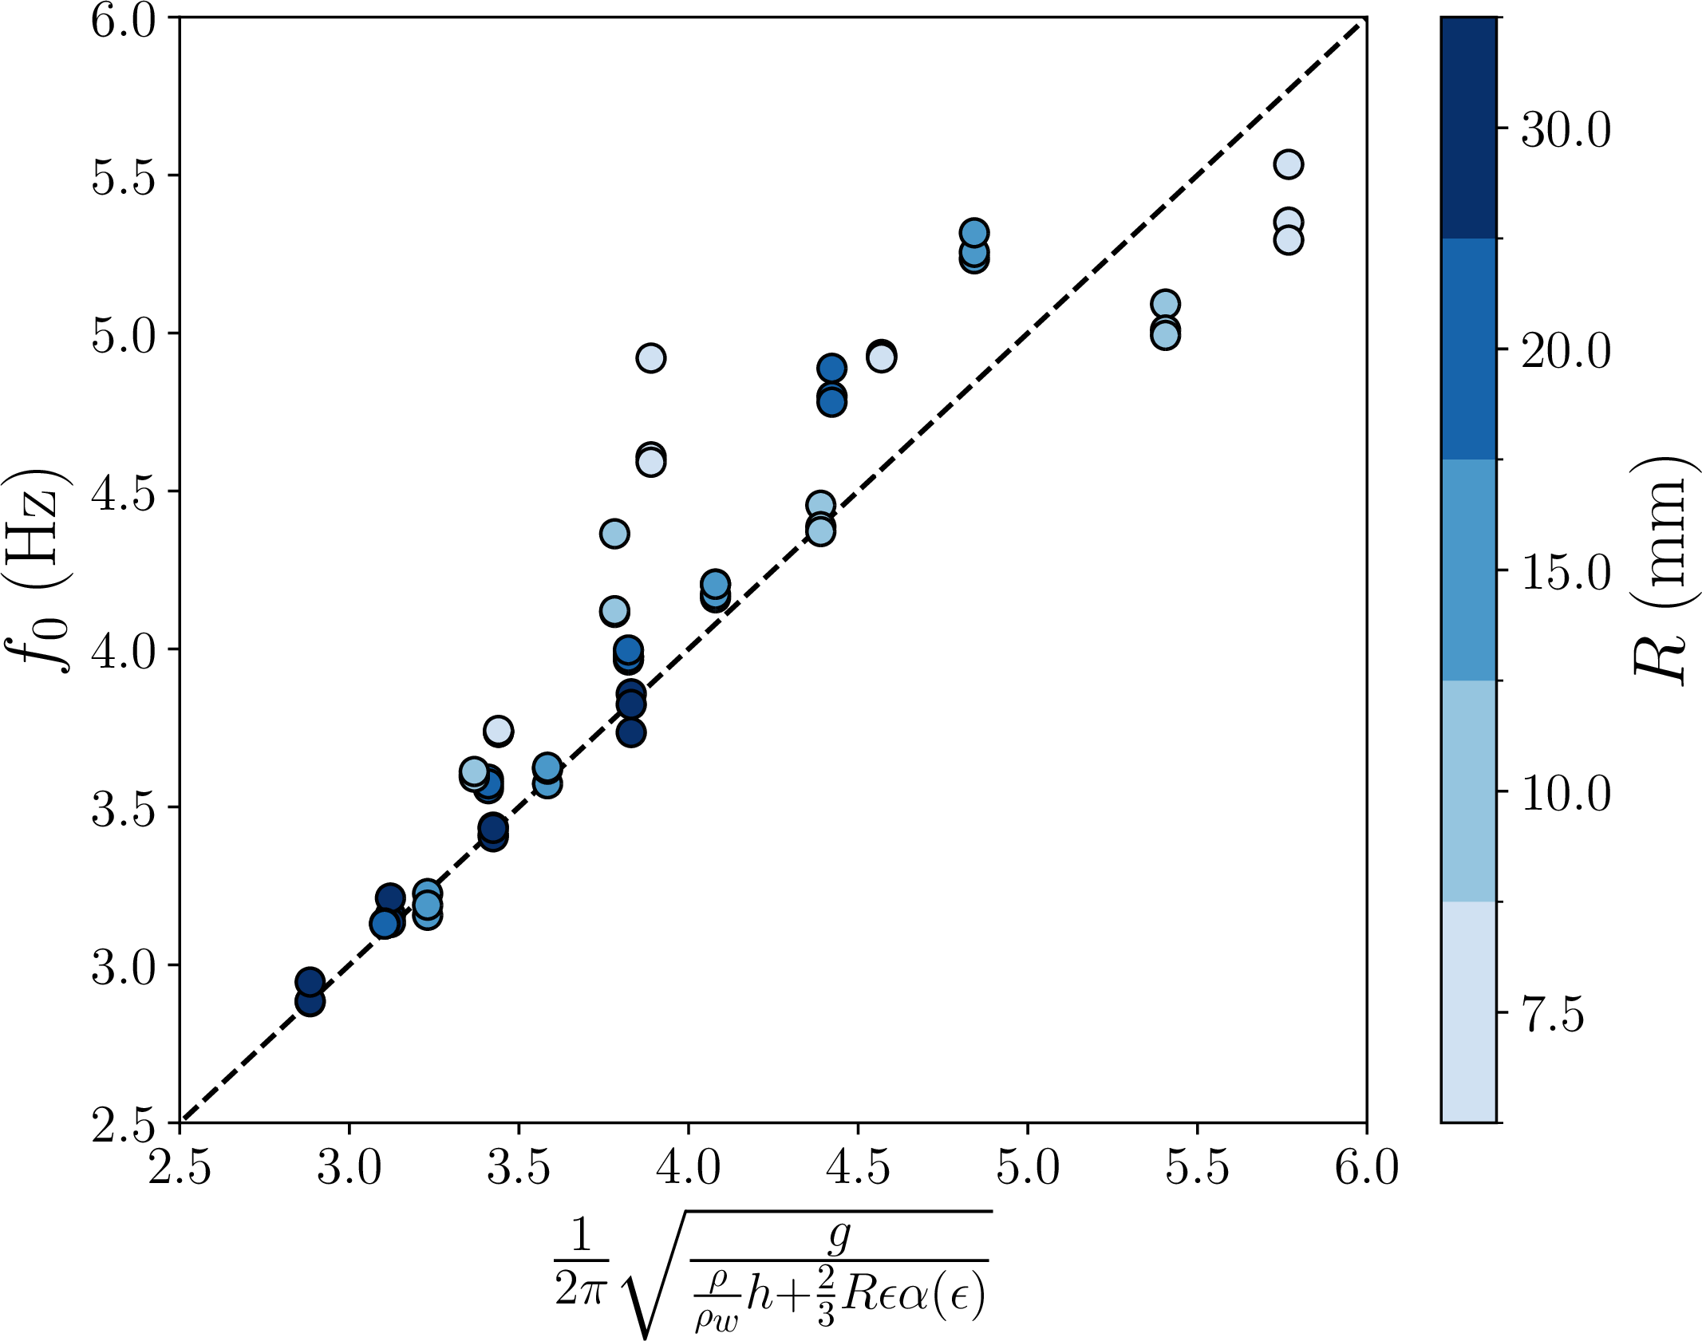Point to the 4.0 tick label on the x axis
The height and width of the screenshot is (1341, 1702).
click(x=688, y=1167)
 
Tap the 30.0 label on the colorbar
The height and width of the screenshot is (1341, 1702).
click(x=1566, y=129)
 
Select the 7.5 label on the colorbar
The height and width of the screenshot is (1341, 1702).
click(x=1553, y=1015)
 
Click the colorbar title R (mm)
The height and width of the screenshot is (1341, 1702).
click(x=1660, y=570)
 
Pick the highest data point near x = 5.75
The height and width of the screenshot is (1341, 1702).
click(x=1288, y=164)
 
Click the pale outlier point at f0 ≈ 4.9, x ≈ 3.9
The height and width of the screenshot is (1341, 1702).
click(x=651, y=358)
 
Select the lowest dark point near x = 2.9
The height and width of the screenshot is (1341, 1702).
click(x=310, y=1001)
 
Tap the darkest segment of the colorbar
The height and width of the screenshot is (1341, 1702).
click(x=1468, y=128)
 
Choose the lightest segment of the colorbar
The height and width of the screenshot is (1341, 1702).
click(x=1468, y=1012)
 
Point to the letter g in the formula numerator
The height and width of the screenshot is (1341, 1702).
click(x=839, y=1236)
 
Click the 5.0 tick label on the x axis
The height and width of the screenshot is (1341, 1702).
click(x=1027, y=1167)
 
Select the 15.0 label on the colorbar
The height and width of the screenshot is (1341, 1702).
click(x=1566, y=571)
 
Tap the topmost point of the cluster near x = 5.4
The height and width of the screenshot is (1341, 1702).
click(x=1165, y=304)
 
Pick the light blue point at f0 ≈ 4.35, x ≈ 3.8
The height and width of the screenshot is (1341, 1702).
click(x=614, y=533)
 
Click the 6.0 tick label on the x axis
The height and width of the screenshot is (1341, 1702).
click(x=1366, y=1167)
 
